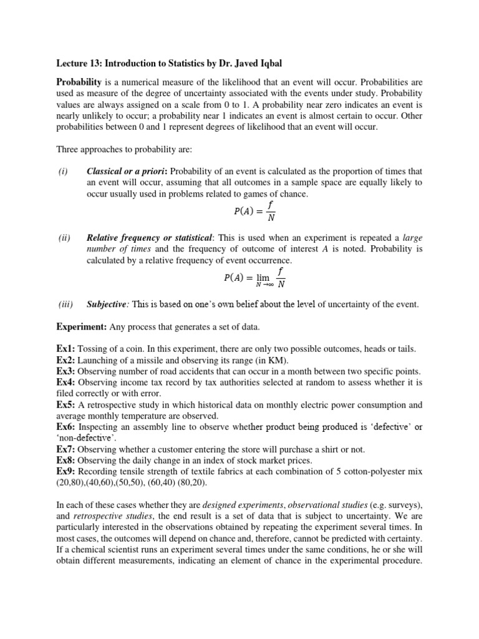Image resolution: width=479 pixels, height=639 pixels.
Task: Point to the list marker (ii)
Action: pos(64,238)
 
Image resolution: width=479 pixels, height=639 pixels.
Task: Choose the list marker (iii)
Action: pos(65,304)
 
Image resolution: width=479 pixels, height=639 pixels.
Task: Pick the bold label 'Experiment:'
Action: pos(82,326)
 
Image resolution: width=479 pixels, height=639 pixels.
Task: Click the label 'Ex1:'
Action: pos(66,348)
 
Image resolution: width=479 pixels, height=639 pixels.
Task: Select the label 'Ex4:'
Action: pos(66,382)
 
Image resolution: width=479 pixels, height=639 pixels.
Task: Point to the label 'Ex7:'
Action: pos(66,449)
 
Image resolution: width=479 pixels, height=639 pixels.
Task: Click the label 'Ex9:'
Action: pos(66,471)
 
